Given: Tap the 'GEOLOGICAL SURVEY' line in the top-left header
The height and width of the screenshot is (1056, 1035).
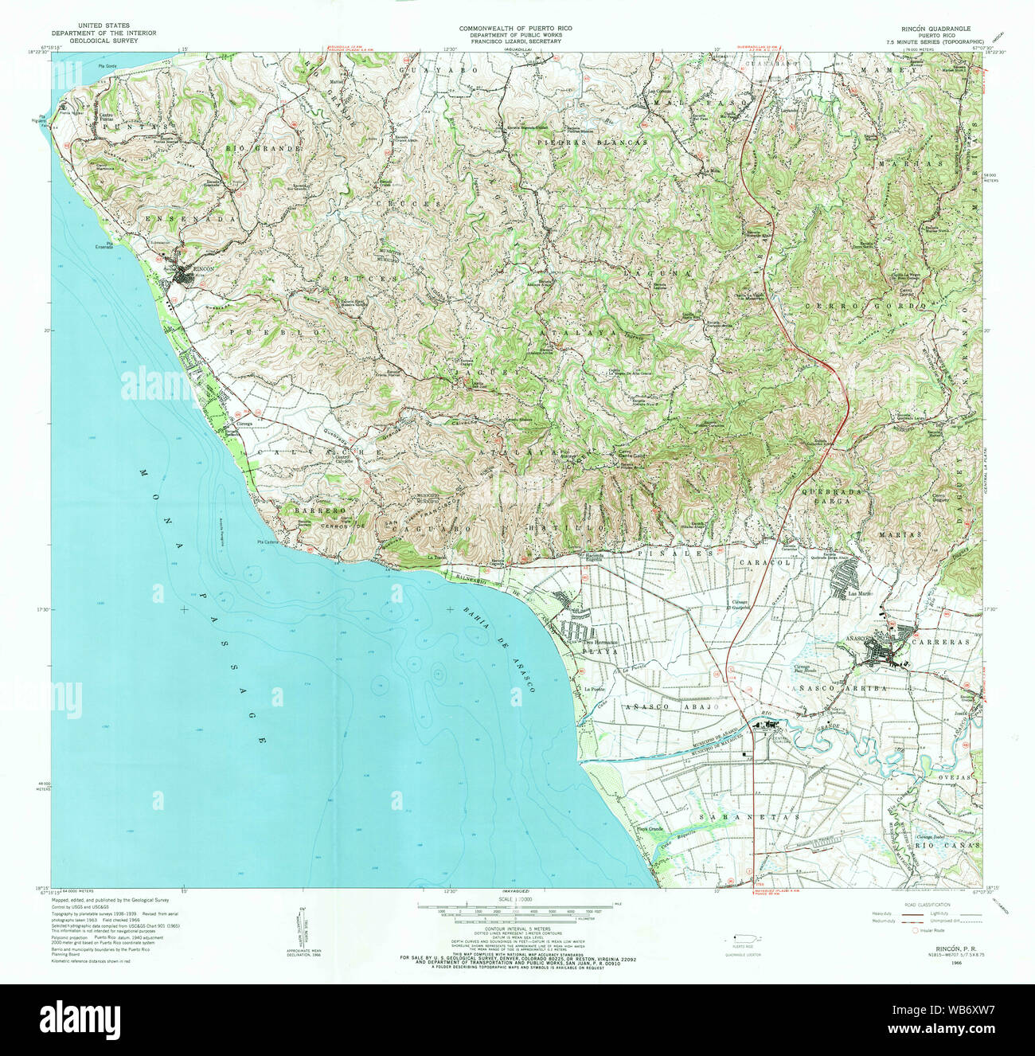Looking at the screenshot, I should point(103,41).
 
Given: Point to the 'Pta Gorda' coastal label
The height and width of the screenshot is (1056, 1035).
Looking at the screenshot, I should point(107,66).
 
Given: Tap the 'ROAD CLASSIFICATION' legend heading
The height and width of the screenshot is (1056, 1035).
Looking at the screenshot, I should point(926,905).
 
